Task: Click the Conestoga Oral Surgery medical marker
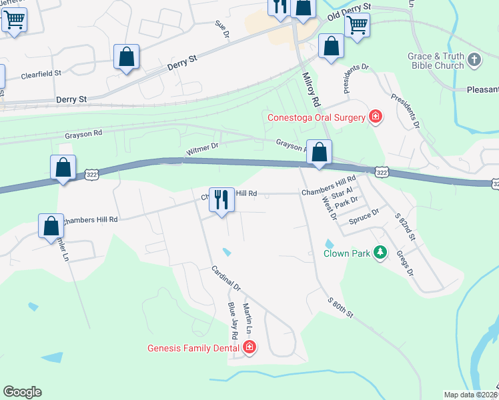click(x=376, y=117)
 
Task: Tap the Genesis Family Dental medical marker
click(x=249, y=347)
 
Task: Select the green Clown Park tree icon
click(x=380, y=253)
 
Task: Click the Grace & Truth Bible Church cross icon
click(x=474, y=61)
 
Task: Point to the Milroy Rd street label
click(x=311, y=91)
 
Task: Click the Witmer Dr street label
click(x=202, y=149)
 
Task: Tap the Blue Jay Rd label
click(x=233, y=319)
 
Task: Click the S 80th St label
click(x=340, y=308)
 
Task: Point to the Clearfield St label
click(x=41, y=74)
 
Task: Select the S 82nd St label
click(x=405, y=227)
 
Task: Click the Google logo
click(x=22, y=392)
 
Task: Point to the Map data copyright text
click(x=470, y=395)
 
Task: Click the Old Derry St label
click(x=348, y=11)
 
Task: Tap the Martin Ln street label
click(x=247, y=319)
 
